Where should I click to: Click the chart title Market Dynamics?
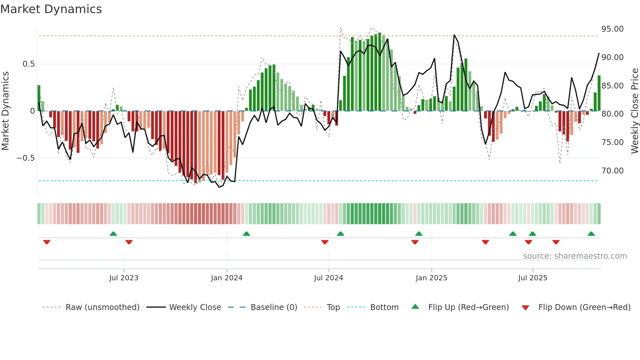[x=51, y=9]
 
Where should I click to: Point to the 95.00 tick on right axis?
[x=612, y=29]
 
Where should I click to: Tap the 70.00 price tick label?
[x=612, y=171]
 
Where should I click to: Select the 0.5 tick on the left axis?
[x=28, y=64]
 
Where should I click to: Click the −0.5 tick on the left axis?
[x=26, y=158]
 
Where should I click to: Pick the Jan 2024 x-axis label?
[x=227, y=278]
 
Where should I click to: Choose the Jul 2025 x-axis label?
[x=533, y=278]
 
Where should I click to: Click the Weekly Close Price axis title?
[x=634, y=111]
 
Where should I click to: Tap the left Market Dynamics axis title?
[x=5, y=111]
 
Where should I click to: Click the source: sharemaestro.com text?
[x=575, y=256]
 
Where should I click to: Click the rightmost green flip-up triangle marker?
[x=591, y=234]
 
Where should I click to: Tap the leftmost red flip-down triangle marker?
[x=47, y=242]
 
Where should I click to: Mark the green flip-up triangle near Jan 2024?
[x=247, y=234]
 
